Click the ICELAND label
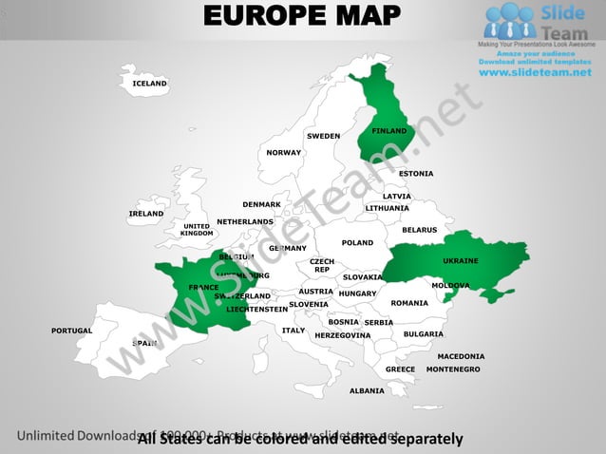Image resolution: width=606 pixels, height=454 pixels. (150, 84)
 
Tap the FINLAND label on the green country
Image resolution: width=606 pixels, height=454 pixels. (389, 130)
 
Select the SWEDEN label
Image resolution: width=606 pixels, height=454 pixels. (323, 136)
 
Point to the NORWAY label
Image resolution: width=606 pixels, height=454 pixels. (283, 152)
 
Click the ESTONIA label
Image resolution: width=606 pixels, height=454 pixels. (416, 173)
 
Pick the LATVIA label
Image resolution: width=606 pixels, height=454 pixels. (397, 197)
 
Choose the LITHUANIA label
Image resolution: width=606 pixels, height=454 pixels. (388, 208)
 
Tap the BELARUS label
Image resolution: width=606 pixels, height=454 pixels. (419, 230)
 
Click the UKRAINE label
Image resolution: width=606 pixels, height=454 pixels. (461, 260)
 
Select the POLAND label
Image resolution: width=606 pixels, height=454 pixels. (357, 242)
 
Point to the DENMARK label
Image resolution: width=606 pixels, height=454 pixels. (261, 204)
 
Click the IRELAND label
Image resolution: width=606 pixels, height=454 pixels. (146, 214)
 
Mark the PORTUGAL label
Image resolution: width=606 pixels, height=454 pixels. (72, 331)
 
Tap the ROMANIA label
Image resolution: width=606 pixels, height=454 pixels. (409, 303)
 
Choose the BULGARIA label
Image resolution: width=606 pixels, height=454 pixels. (424, 333)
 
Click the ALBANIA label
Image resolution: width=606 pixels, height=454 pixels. (367, 390)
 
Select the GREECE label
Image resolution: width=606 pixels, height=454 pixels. (400, 369)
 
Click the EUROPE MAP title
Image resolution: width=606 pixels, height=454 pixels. (302, 16)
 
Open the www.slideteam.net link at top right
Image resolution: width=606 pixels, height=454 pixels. (535, 73)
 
